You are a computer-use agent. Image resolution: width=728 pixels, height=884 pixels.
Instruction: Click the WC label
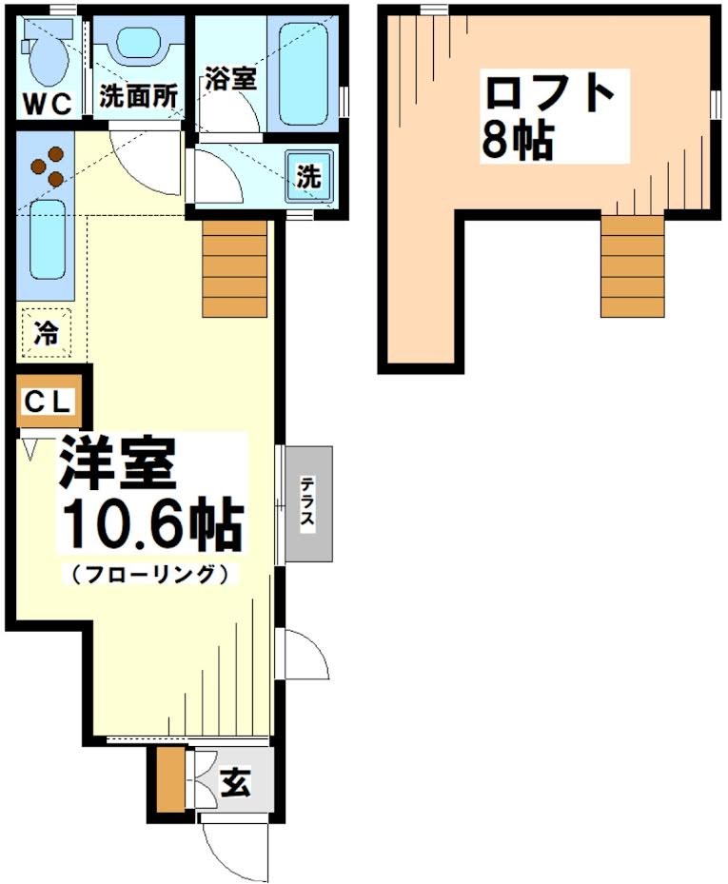click(x=48, y=103)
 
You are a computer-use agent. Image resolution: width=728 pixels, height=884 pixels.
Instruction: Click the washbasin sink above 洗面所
click(x=141, y=44)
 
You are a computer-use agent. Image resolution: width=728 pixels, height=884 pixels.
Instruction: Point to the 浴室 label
click(x=229, y=79)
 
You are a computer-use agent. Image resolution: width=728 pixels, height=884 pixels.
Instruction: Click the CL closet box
click(x=48, y=402)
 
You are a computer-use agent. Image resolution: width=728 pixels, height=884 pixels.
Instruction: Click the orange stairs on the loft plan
click(x=632, y=265)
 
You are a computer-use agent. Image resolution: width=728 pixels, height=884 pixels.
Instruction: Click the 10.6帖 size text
click(x=151, y=524)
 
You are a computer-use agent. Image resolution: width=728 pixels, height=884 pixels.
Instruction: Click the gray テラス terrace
click(x=308, y=503)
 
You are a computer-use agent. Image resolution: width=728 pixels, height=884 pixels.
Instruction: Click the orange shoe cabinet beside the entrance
click(x=169, y=780)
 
